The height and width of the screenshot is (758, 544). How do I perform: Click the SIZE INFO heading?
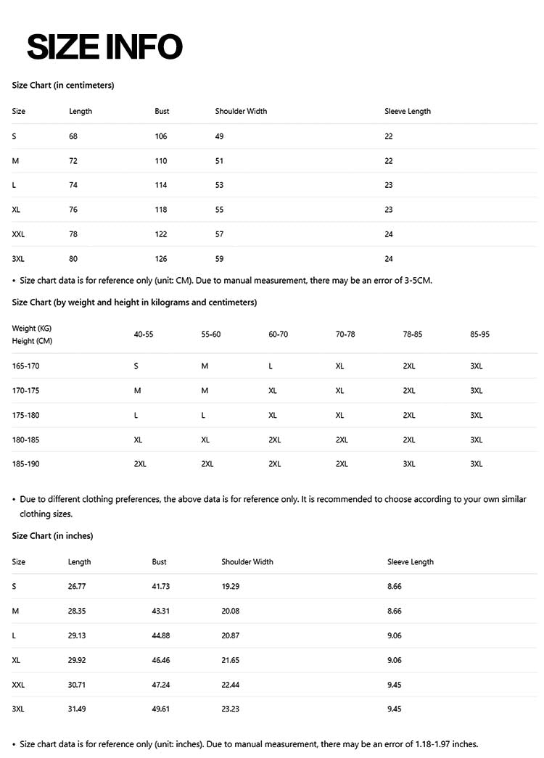tap(104, 47)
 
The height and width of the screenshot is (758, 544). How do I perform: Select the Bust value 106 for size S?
tap(161, 136)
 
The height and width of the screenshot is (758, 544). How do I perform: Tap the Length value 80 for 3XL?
tap(73, 259)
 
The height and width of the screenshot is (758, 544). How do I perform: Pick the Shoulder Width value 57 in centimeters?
tap(219, 234)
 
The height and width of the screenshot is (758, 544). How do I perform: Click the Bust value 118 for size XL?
tap(161, 210)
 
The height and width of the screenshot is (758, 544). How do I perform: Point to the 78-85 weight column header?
tap(412, 334)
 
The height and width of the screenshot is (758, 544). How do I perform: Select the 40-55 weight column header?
tap(144, 334)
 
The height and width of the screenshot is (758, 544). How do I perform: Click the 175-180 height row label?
tap(25, 415)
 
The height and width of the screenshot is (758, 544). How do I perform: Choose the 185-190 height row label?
tap(25, 464)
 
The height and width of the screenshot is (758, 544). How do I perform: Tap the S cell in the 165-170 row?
tap(136, 366)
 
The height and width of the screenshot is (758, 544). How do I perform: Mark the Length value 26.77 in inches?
tap(77, 586)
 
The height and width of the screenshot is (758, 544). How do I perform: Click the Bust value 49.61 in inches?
tap(161, 709)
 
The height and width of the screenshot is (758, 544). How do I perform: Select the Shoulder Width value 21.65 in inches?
tap(231, 660)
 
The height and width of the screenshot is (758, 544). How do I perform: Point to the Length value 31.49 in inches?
tap(77, 709)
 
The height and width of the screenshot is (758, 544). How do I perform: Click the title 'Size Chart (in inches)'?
tap(52, 535)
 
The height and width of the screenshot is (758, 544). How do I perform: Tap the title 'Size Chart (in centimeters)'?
tap(63, 85)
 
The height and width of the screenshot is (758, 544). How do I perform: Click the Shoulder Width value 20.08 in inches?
tap(231, 611)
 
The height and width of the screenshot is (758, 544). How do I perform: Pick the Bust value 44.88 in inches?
tap(161, 635)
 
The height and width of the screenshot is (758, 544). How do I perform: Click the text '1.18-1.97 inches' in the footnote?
tap(446, 743)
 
